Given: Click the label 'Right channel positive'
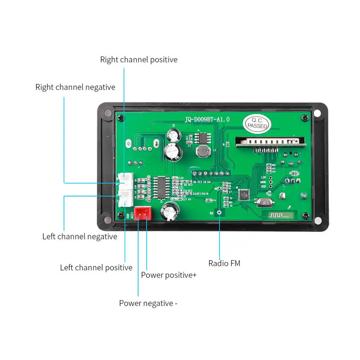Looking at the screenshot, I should (x=139, y=59).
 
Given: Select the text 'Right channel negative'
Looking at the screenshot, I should (x=75, y=87).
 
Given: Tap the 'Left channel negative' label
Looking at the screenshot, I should (x=80, y=236).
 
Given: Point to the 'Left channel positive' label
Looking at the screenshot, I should (x=96, y=267).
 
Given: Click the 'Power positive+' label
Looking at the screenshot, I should (x=169, y=275).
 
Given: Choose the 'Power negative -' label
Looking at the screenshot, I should (x=148, y=303).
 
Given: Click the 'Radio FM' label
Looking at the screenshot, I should (x=224, y=263).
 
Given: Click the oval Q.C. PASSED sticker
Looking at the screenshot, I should (x=256, y=123).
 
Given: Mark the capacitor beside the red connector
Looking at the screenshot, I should (x=171, y=211).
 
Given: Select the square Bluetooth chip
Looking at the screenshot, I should (x=244, y=195).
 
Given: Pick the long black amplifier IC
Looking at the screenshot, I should (x=161, y=187).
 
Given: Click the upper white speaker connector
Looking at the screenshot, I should (x=126, y=181).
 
